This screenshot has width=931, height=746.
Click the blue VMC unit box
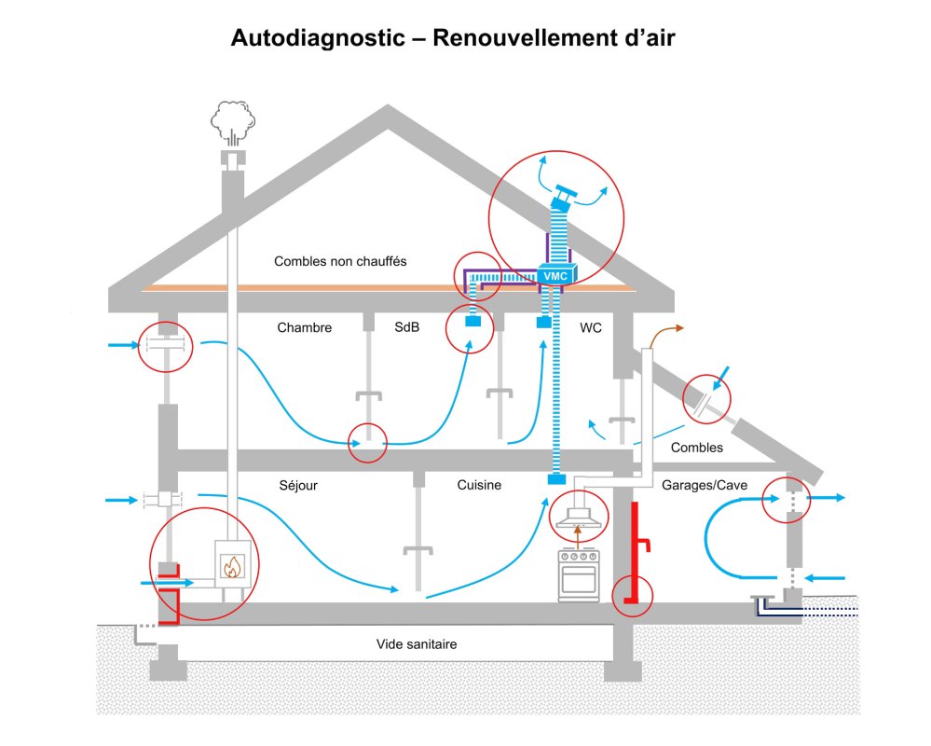point(555,275)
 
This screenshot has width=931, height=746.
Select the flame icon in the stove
point(231,565)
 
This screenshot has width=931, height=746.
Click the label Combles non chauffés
point(340,262)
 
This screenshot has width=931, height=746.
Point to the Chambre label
point(305,328)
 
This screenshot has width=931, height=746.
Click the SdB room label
point(407,328)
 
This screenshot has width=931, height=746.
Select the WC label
point(591,328)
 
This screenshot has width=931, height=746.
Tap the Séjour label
point(298,485)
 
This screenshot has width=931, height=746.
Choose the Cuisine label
point(479,485)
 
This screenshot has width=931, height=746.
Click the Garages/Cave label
point(701,485)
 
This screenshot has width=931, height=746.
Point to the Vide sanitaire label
point(417,643)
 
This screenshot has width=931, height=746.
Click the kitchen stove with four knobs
point(578,573)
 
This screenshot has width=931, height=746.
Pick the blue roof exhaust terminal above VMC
point(564,197)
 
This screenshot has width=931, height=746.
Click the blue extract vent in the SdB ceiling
point(474,323)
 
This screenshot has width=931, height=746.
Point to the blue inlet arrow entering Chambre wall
point(121,346)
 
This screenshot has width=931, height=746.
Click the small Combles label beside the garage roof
point(696,448)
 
